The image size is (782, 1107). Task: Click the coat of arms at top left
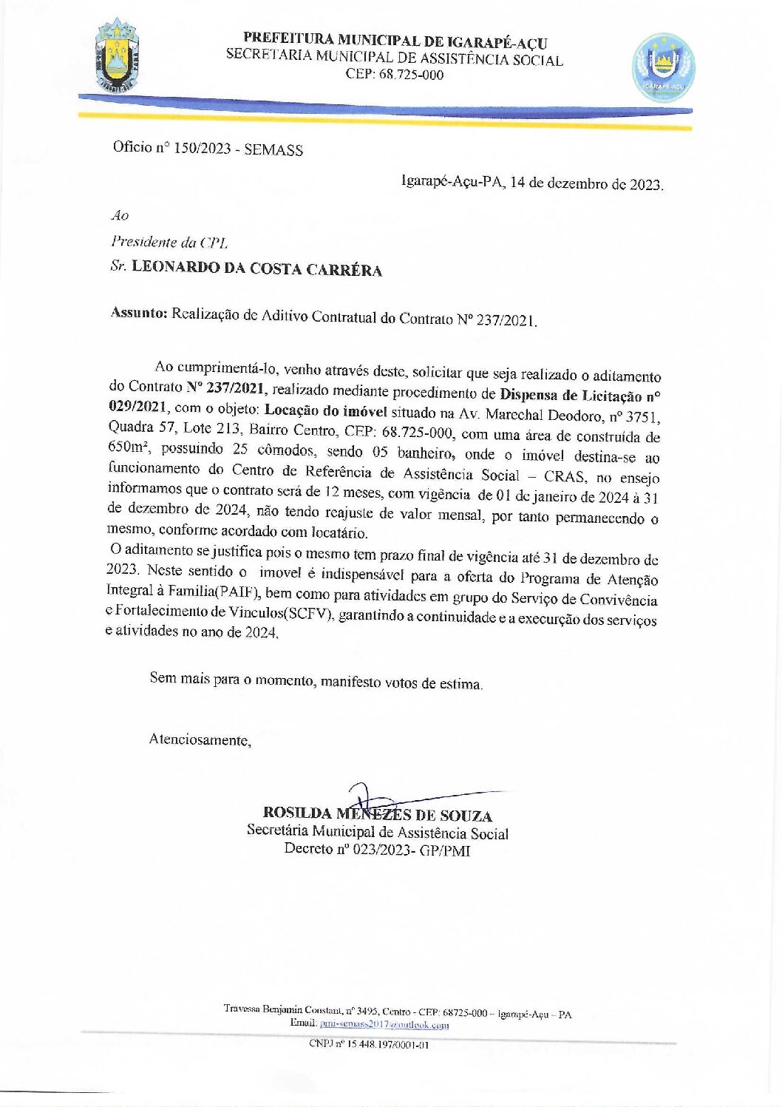coord(117,56)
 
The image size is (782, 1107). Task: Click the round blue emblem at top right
coord(663,67)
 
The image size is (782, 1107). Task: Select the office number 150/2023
coord(202,148)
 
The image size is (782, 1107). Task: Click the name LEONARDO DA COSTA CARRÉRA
coord(256,268)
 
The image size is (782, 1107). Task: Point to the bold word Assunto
coord(139,313)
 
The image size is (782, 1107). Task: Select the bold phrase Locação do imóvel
coord(325,410)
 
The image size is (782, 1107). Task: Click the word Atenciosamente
coord(200,739)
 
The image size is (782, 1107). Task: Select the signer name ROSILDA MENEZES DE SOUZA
coord(377,815)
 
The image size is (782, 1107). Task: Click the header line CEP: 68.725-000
coord(394,75)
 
